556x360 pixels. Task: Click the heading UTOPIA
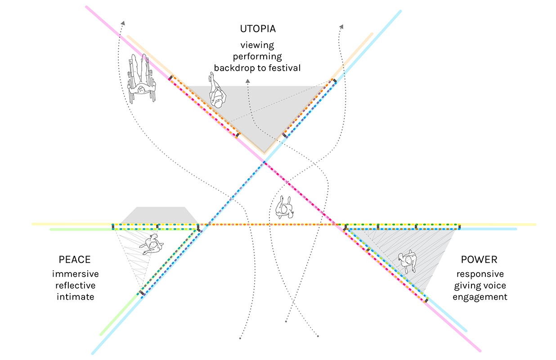tap(257, 29)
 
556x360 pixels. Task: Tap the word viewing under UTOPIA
tap(257, 45)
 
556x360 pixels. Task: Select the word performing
tap(257, 57)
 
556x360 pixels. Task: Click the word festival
tap(285, 68)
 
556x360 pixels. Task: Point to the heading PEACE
tap(75, 260)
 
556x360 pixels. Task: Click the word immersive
tap(75, 274)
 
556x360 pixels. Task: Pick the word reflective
tap(75, 285)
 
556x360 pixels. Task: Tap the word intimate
tap(75, 297)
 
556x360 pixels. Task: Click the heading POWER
tap(479, 260)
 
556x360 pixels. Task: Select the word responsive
tap(480, 274)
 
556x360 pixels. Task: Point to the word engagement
tap(480, 297)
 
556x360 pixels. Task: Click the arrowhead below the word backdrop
tap(247, 81)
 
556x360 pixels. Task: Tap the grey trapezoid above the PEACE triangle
tap(160, 214)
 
